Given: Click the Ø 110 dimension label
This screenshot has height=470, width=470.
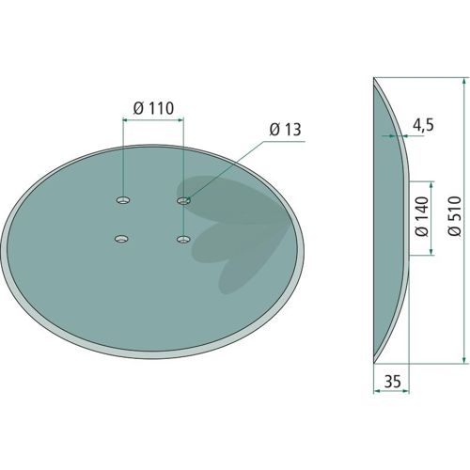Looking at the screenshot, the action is pos(153,108).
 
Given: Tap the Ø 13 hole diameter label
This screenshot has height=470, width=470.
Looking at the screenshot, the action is pos(285,130).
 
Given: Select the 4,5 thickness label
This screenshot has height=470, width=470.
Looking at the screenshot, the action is pos(423,126).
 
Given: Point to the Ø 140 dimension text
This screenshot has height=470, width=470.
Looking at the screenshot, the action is pos(421,216).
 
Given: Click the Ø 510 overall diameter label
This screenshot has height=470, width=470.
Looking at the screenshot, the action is pos(455,215).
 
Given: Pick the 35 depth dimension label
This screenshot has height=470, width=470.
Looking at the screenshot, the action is pos(393,382).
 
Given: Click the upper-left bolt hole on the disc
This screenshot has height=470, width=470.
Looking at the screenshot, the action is pos(123,200).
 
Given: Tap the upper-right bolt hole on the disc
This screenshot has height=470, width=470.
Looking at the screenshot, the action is pos(184,200).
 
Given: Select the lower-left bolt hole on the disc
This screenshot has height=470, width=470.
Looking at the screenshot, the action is pos(122,239).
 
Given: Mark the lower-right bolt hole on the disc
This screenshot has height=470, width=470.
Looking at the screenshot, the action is pos(183,240).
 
